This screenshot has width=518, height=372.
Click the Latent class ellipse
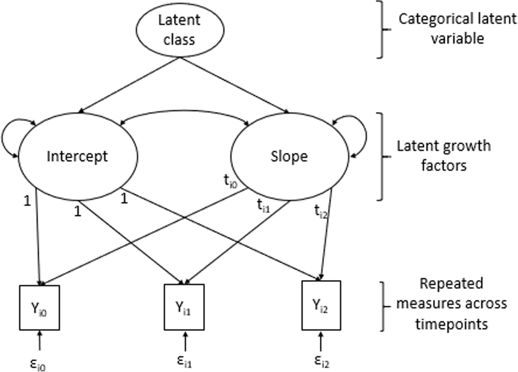180,29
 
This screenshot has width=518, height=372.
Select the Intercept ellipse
78,156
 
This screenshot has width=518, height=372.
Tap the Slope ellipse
289,156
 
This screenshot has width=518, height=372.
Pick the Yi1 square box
184,308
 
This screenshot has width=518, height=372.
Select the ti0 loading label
231,181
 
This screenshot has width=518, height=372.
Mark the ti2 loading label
320,211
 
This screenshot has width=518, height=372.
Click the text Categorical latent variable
457,29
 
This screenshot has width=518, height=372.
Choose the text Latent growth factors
443,156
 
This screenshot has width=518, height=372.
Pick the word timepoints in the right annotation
452,324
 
